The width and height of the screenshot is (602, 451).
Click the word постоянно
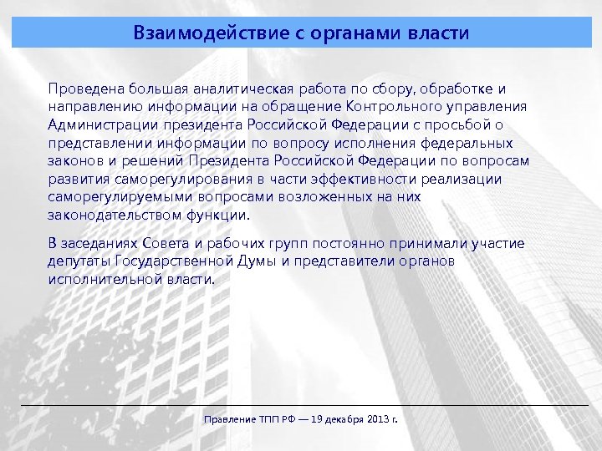pyautogui.click(x=362, y=243)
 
